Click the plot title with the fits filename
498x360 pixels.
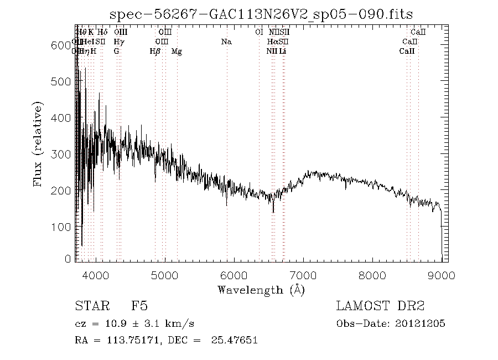(261, 14)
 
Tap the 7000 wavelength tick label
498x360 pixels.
(303, 275)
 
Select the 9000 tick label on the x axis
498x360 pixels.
(442, 275)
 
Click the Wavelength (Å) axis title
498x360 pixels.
(261, 290)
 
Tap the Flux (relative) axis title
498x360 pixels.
(38, 144)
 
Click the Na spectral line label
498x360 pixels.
(226, 42)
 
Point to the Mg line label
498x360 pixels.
(177, 52)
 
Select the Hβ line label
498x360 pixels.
(155, 52)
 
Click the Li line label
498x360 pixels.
(283, 52)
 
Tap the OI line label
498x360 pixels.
(258, 32)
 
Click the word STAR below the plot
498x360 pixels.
(90, 306)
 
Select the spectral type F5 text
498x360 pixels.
(139, 306)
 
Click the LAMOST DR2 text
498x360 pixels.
(380, 306)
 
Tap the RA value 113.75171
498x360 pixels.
(128, 341)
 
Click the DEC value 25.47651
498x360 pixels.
(235, 341)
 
